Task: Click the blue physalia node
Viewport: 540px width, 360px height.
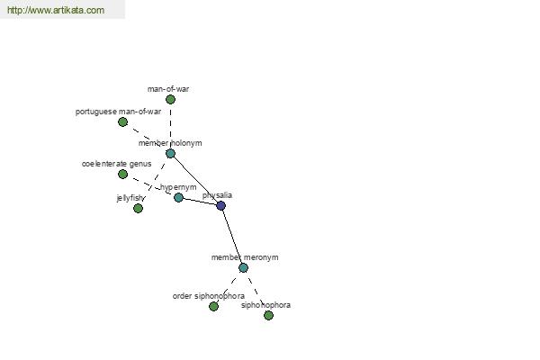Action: (x=221, y=206)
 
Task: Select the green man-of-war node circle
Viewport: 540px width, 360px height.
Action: (x=170, y=100)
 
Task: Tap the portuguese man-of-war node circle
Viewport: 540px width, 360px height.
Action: (x=122, y=122)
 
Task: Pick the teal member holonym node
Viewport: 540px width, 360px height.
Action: (x=170, y=154)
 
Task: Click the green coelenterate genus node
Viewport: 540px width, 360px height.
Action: (x=122, y=175)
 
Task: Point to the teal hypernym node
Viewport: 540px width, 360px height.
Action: (x=178, y=197)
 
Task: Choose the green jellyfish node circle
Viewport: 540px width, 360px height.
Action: (x=138, y=209)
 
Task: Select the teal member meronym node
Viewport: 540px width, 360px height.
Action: (x=244, y=267)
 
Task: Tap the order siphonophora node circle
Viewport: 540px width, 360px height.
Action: (x=213, y=306)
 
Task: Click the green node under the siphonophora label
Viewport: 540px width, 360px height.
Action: (x=268, y=315)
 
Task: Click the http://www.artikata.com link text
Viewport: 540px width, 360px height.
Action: (x=56, y=10)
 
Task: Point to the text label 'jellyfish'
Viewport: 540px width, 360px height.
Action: (x=130, y=198)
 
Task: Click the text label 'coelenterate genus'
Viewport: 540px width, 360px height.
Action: (x=116, y=164)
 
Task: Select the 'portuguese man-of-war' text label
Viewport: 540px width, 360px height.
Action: (x=118, y=112)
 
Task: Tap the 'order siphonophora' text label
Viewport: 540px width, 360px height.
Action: (x=209, y=296)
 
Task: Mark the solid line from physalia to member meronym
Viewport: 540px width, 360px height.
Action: (x=232, y=237)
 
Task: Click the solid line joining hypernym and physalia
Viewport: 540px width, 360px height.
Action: (x=200, y=202)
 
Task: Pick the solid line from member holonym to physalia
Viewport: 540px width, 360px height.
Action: (x=195, y=179)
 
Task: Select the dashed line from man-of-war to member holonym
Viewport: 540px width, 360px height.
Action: (x=170, y=127)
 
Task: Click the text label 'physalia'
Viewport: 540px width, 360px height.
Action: (x=217, y=195)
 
